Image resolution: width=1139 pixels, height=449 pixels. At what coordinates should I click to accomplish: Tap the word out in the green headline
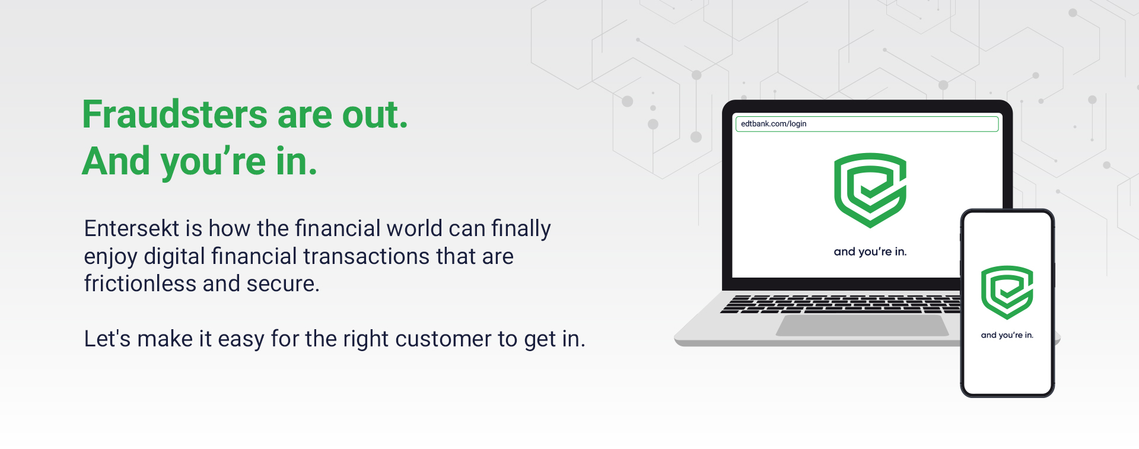[x=375, y=114]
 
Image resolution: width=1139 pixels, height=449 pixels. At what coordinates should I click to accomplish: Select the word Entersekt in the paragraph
[x=132, y=228]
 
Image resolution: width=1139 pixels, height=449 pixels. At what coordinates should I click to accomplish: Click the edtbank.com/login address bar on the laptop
[x=867, y=124]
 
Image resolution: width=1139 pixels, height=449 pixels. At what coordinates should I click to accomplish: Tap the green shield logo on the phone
[x=1007, y=292]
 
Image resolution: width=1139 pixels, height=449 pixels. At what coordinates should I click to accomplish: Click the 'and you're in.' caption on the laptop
[x=870, y=251]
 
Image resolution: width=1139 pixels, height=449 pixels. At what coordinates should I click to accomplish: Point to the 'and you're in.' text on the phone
[x=1007, y=335]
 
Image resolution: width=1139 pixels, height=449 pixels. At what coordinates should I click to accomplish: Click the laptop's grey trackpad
[x=862, y=326]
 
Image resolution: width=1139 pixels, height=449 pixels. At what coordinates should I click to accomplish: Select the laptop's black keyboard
[x=841, y=304]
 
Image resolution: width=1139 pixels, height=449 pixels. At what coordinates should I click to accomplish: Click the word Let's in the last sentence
[x=107, y=339]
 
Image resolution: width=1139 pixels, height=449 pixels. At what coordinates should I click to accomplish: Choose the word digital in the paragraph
[x=174, y=257]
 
